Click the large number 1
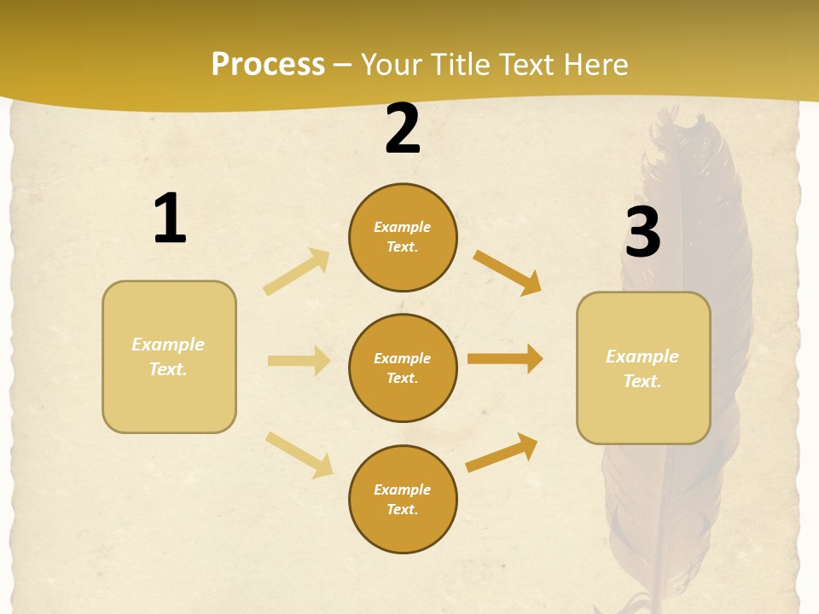(170, 218)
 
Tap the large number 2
(403, 129)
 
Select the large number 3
(642, 232)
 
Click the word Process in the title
(268, 65)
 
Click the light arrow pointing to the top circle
(297, 272)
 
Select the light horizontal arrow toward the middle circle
(299, 361)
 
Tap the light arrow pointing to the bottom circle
(299, 455)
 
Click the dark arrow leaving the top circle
(508, 273)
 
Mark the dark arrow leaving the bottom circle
(502, 452)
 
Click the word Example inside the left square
(168, 345)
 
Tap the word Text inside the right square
(642, 381)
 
